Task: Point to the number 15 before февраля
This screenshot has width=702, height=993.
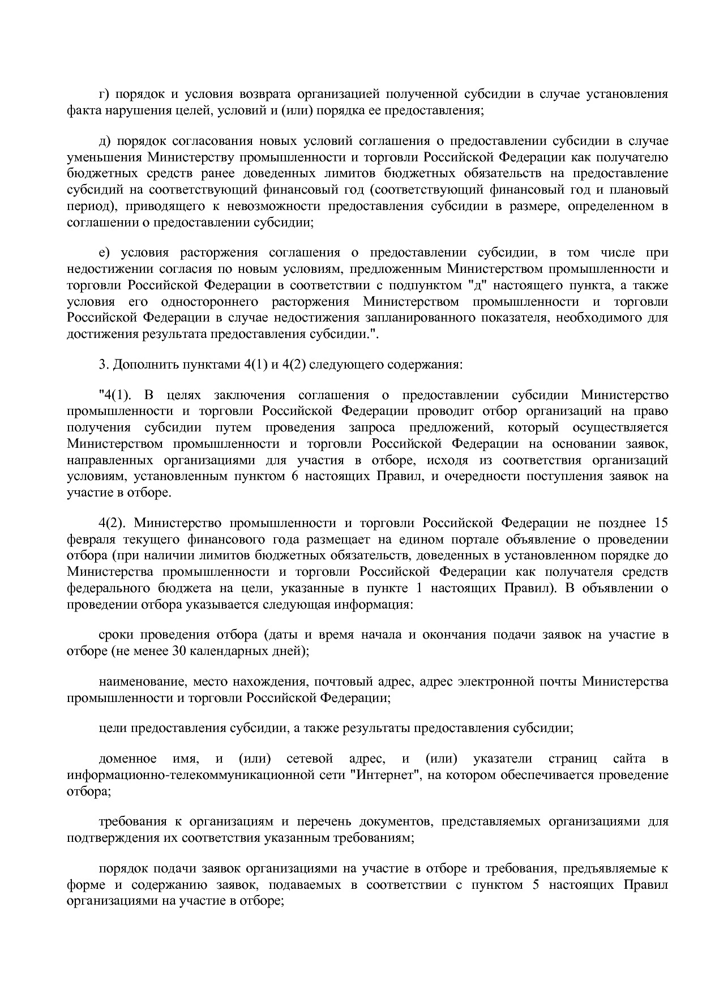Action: point(661,522)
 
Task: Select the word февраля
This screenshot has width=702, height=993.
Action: point(87,539)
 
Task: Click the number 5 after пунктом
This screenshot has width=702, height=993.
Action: point(536,884)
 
